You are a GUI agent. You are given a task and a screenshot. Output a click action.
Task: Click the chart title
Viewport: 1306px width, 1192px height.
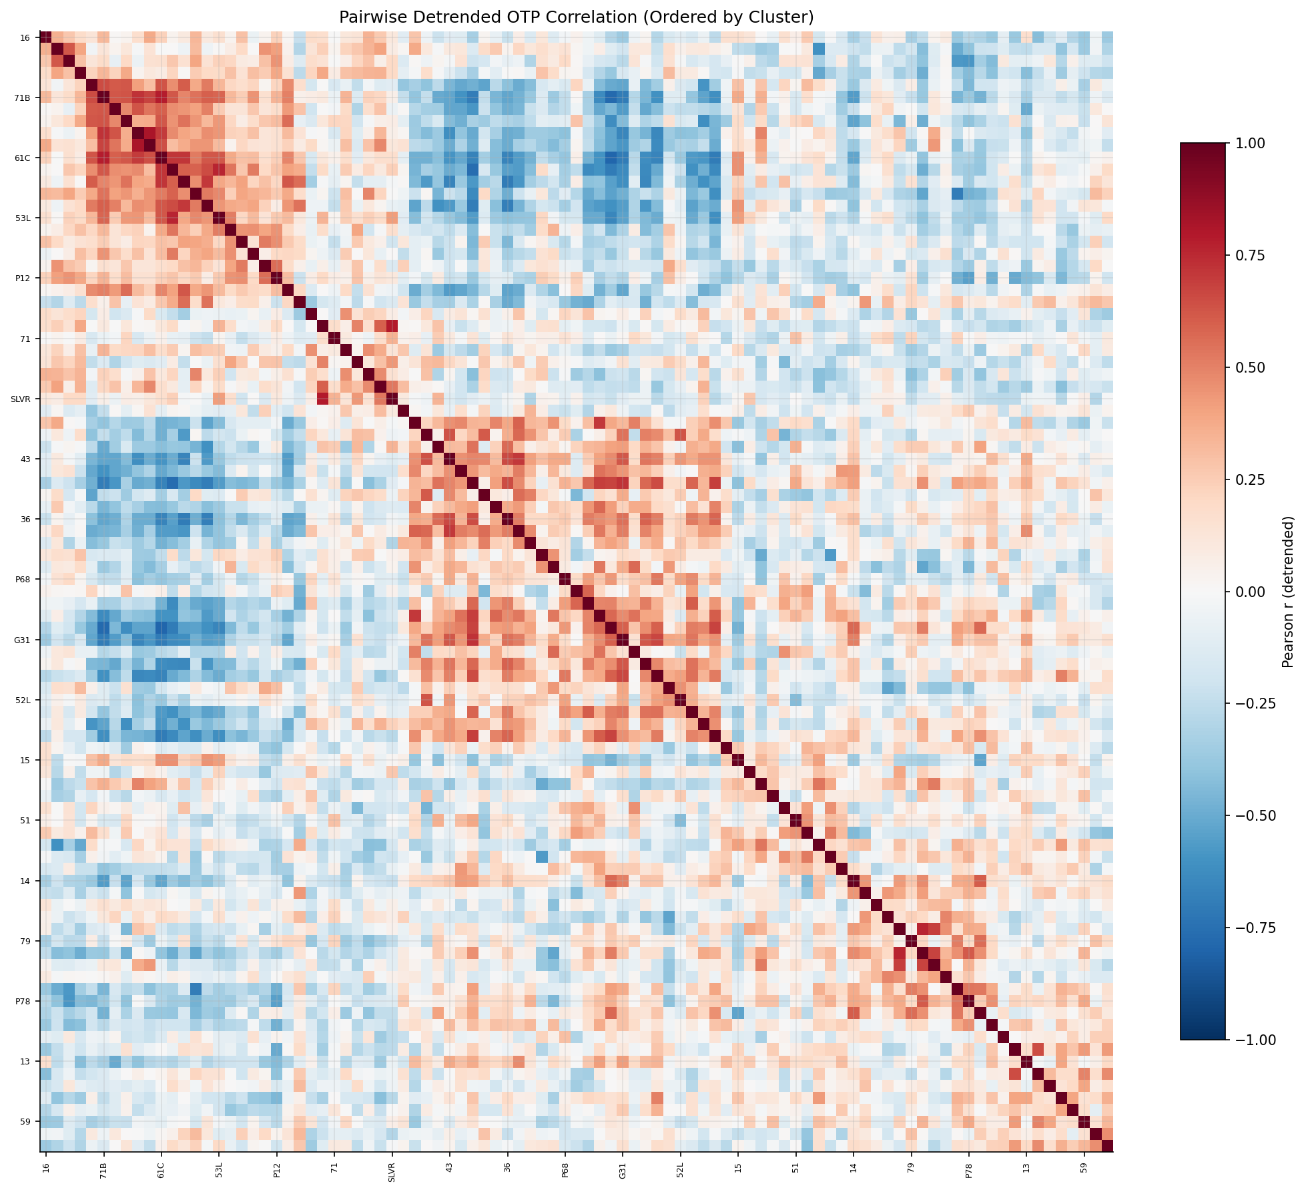click(x=576, y=17)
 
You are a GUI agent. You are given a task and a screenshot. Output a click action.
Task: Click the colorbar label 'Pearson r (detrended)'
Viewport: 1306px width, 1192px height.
click(x=1288, y=592)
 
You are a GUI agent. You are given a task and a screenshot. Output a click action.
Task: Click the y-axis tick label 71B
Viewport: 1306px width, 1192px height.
click(x=23, y=98)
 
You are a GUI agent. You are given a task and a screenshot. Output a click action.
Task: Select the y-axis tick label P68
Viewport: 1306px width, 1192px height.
click(x=23, y=580)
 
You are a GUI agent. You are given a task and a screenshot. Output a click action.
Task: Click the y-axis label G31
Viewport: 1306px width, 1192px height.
click(x=23, y=640)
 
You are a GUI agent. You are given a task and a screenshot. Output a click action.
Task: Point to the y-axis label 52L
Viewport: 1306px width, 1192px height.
click(x=23, y=701)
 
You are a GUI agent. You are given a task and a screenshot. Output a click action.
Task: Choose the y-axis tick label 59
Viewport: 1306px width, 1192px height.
click(x=25, y=1122)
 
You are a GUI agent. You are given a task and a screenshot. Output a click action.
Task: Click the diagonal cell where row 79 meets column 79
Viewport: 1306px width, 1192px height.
click(x=911, y=941)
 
